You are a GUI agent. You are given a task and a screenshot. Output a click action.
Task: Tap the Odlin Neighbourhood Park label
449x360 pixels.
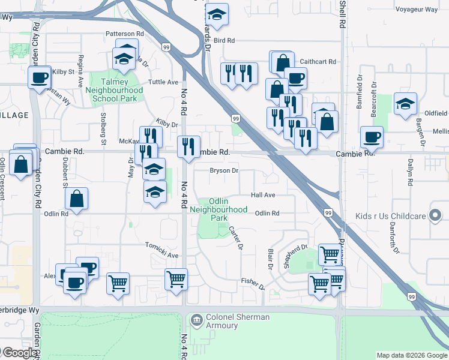[218, 209]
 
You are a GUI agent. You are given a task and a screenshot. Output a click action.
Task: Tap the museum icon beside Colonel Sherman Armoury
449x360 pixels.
[196, 321]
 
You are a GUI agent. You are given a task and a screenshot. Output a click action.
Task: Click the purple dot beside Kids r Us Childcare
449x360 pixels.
[435, 216]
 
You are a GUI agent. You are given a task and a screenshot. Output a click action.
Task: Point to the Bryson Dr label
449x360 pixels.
[224, 170]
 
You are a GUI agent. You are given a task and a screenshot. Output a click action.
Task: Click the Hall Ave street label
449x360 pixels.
[263, 195]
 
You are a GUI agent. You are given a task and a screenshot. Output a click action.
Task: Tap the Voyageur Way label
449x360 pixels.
[417, 10]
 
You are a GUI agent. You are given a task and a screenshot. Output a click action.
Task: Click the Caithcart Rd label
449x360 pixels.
[318, 61]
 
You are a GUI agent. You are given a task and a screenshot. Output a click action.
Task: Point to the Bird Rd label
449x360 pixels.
[223, 40]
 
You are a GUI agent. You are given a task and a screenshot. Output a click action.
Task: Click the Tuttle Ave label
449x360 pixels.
[163, 82]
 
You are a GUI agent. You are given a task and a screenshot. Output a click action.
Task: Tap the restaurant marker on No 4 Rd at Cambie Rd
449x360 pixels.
[188, 146]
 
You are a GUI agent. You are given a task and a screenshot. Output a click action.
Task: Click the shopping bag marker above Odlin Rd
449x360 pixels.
[77, 199]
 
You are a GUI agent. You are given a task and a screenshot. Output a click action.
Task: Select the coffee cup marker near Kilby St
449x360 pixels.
[40, 77]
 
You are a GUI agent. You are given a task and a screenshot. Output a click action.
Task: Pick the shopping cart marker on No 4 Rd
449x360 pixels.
[176, 279]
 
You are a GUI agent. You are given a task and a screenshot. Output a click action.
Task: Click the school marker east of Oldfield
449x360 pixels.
[405, 103]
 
